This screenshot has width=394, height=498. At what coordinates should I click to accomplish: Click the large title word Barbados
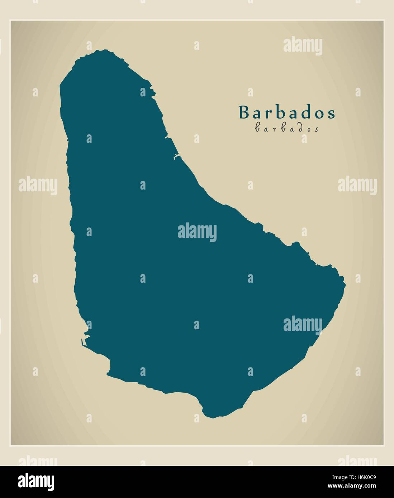(x=287, y=112)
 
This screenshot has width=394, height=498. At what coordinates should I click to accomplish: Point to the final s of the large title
(x=331, y=114)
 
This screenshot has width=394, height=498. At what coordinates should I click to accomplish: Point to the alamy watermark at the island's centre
(x=197, y=232)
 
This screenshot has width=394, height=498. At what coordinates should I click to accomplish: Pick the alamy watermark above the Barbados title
(x=303, y=46)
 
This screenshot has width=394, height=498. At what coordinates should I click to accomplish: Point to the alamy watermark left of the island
(x=38, y=186)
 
